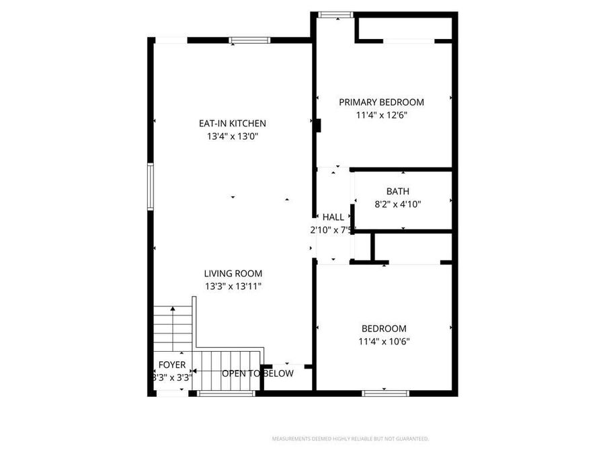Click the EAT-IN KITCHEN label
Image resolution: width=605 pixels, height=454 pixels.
click(x=232, y=124)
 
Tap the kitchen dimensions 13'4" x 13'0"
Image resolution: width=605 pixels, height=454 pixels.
click(x=233, y=137)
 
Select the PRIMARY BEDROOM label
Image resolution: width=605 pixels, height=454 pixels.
click(x=381, y=102)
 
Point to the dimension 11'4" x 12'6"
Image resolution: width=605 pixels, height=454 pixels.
click(x=381, y=115)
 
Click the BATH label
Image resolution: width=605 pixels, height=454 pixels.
click(x=397, y=192)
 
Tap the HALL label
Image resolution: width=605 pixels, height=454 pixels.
click(x=333, y=217)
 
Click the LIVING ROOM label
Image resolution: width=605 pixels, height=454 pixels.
click(x=233, y=274)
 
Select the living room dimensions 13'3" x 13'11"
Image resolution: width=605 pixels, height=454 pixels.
click(x=233, y=287)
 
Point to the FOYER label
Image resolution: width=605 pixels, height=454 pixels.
click(x=171, y=365)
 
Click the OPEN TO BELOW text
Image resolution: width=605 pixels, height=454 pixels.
click(x=257, y=373)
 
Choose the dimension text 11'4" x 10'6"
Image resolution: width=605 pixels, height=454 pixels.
click(x=384, y=341)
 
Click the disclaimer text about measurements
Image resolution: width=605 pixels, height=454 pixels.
click(x=350, y=439)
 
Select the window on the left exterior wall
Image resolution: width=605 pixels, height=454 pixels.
click(x=151, y=187)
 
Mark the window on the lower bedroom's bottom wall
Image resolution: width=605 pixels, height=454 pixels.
click(x=385, y=393)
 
